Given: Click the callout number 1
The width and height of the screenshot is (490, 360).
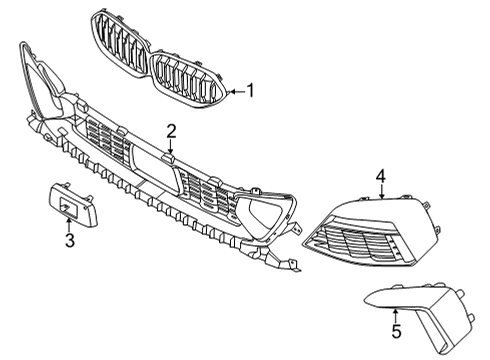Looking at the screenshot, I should pyautogui.click(x=250, y=91).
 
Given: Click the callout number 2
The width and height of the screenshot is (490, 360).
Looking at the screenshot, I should pyautogui.click(x=172, y=130).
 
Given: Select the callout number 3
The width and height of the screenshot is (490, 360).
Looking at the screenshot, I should pyautogui.click(x=69, y=240).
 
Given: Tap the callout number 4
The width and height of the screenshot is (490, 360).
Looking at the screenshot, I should pyautogui.click(x=381, y=176).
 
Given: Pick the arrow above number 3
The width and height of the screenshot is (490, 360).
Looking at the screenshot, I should pyautogui.click(x=69, y=222).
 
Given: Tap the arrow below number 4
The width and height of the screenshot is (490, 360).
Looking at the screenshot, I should pyautogui.click(x=381, y=194).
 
